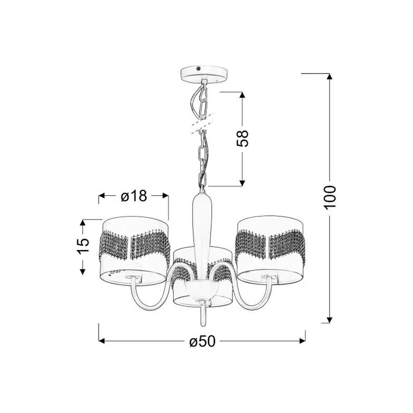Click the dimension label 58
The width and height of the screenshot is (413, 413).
(x=242, y=138)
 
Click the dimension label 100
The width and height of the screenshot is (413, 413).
(x=330, y=197)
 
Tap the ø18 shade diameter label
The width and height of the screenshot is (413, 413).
(x=133, y=196)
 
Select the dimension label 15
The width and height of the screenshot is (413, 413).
(x=83, y=245)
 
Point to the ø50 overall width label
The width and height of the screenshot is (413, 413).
(x=202, y=341)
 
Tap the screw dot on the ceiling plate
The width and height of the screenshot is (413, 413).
(x=198, y=69)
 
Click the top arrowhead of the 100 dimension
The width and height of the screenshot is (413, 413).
(x=329, y=76)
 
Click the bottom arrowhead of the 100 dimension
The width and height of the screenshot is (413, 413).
(x=329, y=320)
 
